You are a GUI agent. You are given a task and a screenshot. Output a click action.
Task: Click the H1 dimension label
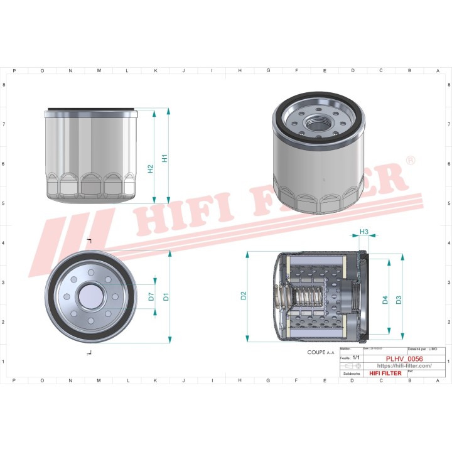[x=164, y=158]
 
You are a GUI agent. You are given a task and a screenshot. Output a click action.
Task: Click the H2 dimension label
[x=150, y=169]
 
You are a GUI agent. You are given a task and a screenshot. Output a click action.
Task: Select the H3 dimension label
[x=364, y=232]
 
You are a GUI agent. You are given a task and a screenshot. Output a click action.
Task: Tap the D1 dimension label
[x=166, y=296]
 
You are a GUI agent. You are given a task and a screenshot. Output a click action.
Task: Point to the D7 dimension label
[x=151, y=296]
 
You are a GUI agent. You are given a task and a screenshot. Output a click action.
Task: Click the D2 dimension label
[x=244, y=296]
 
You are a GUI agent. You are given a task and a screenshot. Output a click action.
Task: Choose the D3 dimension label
[x=399, y=300]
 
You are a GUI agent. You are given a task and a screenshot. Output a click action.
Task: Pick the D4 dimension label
[x=385, y=300]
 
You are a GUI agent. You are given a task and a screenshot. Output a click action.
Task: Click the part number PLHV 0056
[x=404, y=358]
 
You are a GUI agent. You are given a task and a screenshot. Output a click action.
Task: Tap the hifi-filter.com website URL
[x=404, y=365]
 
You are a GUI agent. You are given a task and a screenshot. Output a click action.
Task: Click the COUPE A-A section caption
[x=321, y=353]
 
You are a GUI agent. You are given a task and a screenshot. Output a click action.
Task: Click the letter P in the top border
[x=14, y=71]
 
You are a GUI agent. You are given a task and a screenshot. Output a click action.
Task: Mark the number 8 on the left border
[x=5, y=85]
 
